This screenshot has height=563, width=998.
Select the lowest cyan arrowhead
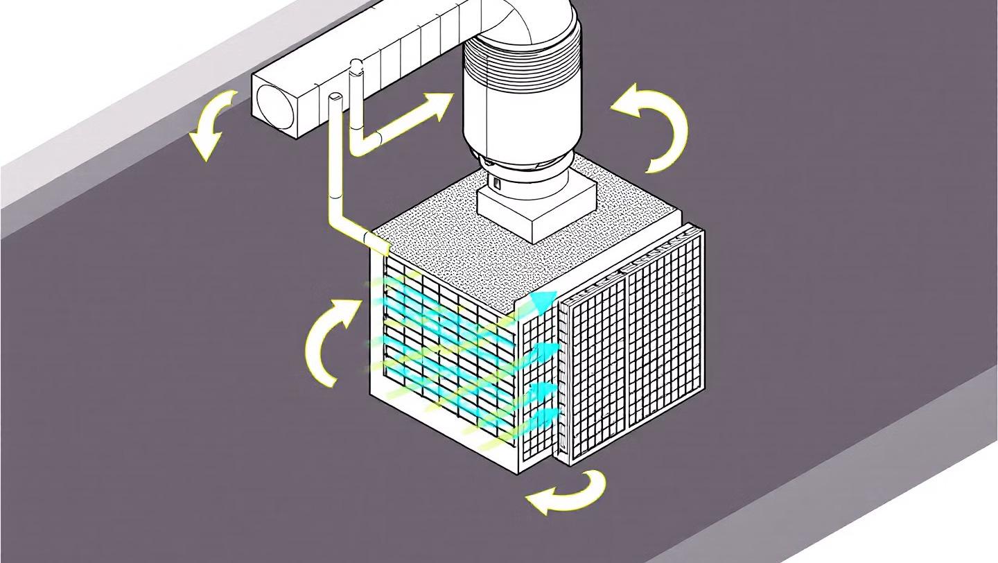click(548, 416)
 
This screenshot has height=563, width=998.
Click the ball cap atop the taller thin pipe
click(356, 66)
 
